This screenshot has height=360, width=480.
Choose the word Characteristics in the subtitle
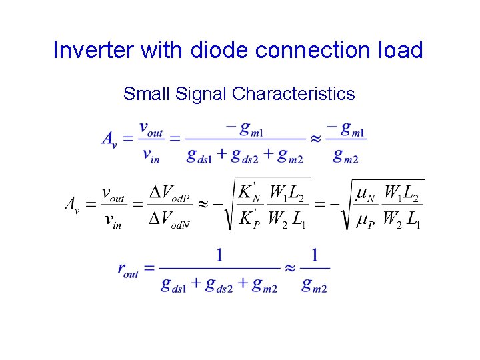(293, 94)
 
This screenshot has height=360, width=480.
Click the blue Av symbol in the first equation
(110, 138)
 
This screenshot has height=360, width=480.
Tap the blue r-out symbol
(127, 269)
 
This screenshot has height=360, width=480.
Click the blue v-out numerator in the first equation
(151, 128)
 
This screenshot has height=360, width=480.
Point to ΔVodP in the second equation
(169, 193)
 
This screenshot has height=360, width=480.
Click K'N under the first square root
(249, 192)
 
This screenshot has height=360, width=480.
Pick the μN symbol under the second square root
(365, 194)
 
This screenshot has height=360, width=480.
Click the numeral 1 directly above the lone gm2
(315, 255)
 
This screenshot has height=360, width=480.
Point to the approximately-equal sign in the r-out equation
(290, 268)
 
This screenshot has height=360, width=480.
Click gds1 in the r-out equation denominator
(174, 285)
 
